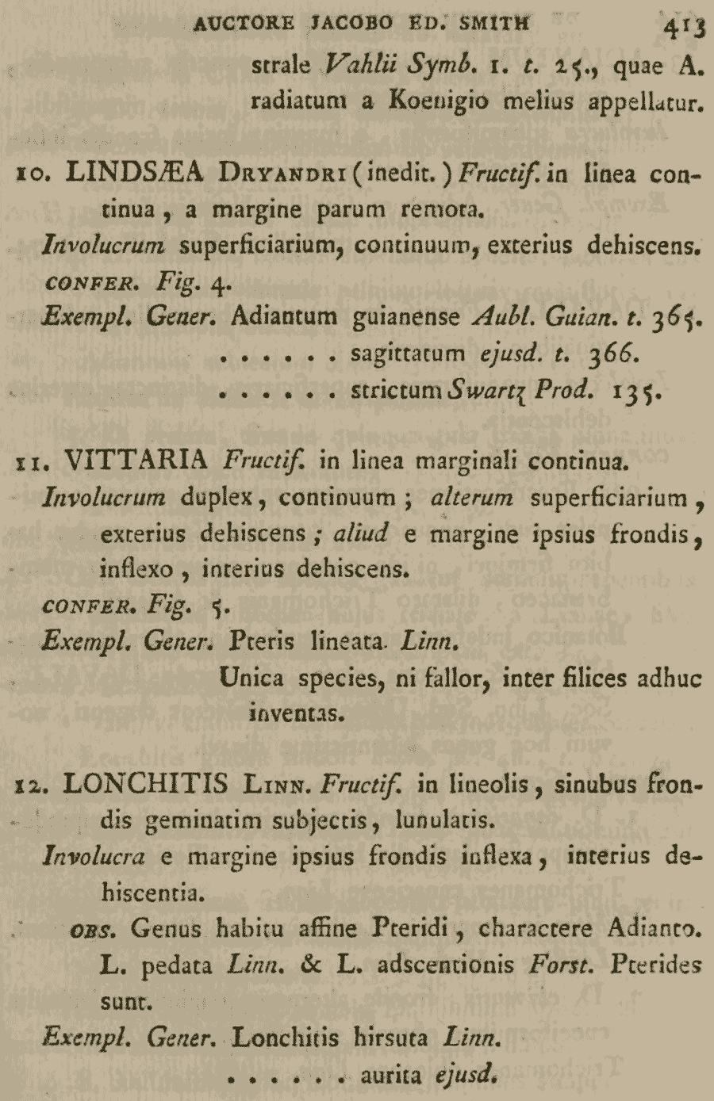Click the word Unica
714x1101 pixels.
[253, 679]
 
